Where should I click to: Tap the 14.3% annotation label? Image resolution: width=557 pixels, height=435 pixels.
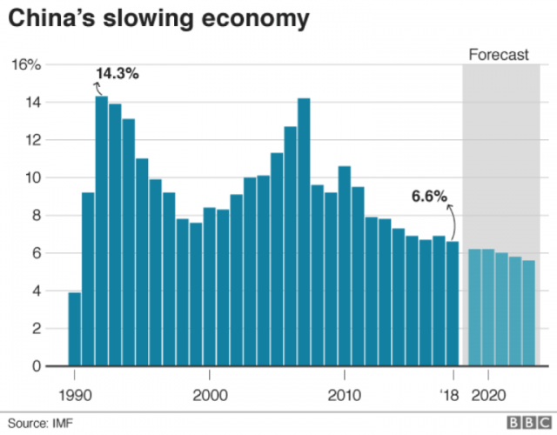click(x=117, y=74)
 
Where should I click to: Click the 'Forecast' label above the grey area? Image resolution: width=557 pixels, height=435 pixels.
click(x=498, y=55)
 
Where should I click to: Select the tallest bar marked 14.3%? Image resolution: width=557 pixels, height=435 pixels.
click(x=102, y=231)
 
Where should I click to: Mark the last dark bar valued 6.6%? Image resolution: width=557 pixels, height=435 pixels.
click(x=453, y=304)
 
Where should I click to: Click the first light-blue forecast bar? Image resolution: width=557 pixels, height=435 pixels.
click(x=474, y=308)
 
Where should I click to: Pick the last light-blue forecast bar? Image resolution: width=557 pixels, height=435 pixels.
click(x=528, y=313)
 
